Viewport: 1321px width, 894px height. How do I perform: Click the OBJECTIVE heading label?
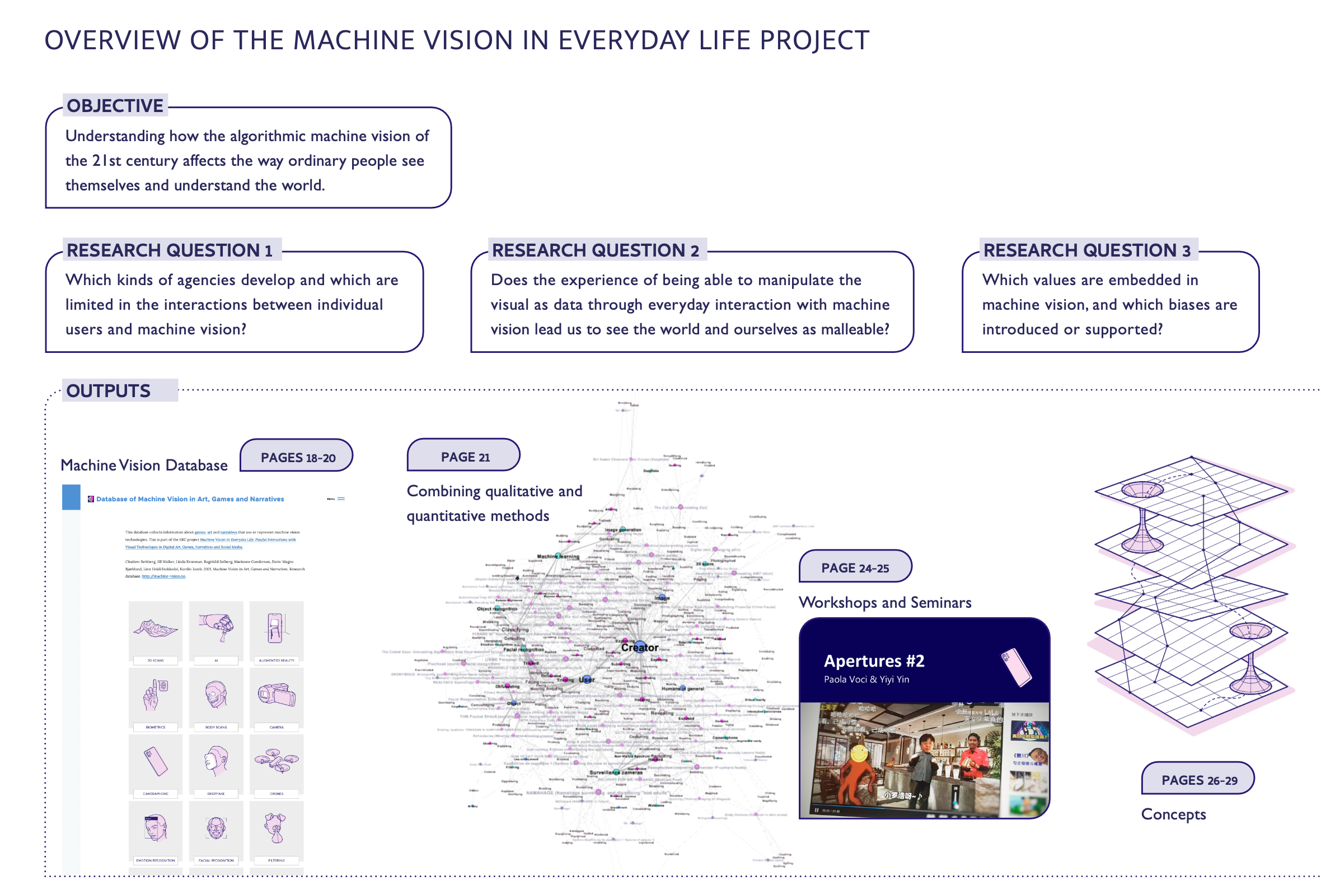pyautogui.click(x=115, y=106)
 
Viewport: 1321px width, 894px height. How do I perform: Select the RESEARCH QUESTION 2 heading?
pyautogui.click(x=595, y=250)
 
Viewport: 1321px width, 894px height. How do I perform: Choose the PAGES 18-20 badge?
pyautogui.click(x=297, y=458)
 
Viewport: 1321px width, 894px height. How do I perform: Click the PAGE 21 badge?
pyautogui.click(x=465, y=457)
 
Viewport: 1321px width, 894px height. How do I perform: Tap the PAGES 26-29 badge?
pyautogui.click(x=1199, y=780)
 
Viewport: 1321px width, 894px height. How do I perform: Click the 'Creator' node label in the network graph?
pyautogui.click(x=639, y=647)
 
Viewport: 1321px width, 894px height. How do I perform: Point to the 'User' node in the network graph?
pyautogui.click(x=587, y=679)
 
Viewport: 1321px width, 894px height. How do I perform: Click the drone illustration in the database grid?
pyautogui.click(x=277, y=760)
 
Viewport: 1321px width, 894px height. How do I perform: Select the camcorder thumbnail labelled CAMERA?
pyautogui.click(x=277, y=695)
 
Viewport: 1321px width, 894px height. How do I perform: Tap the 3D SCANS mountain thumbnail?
pyautogui.click(x=155, y=628)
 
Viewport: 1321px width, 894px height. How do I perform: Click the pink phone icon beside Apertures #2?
pyautogui.click(x=1016, y=667)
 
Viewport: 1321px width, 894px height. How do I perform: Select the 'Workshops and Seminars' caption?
pyautogui.click(x=884, y=603)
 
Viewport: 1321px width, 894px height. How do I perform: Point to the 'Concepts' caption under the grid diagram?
pyautogui.click(x=1173, y=814)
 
